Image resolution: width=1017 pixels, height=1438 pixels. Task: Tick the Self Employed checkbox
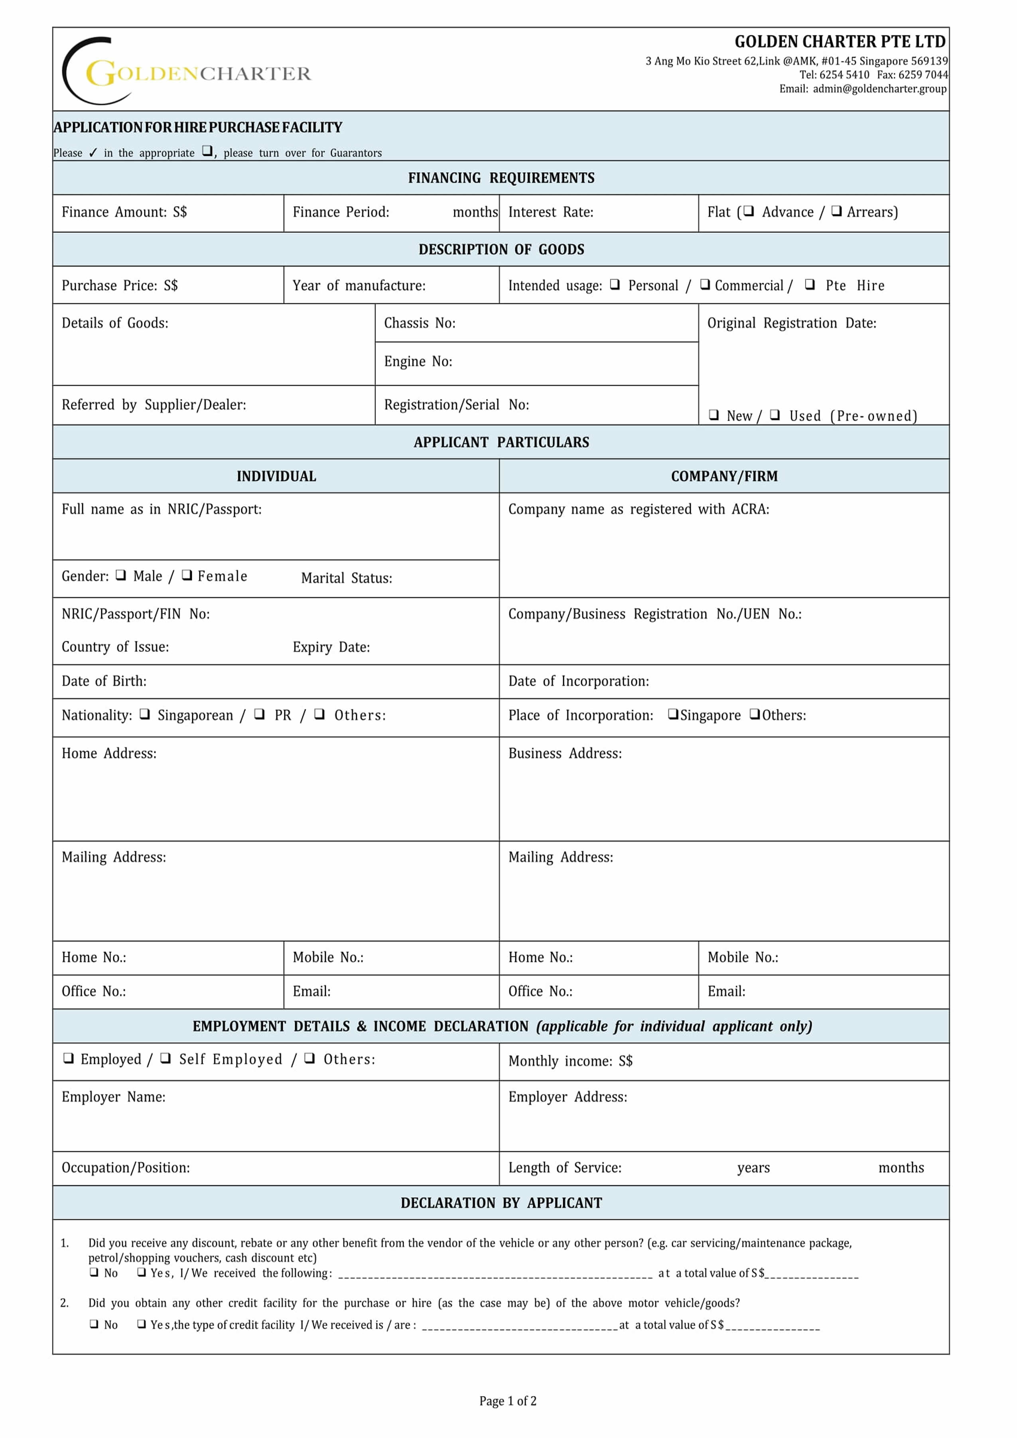point(166,1058)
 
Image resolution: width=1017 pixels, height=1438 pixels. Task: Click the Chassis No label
point(420,323)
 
